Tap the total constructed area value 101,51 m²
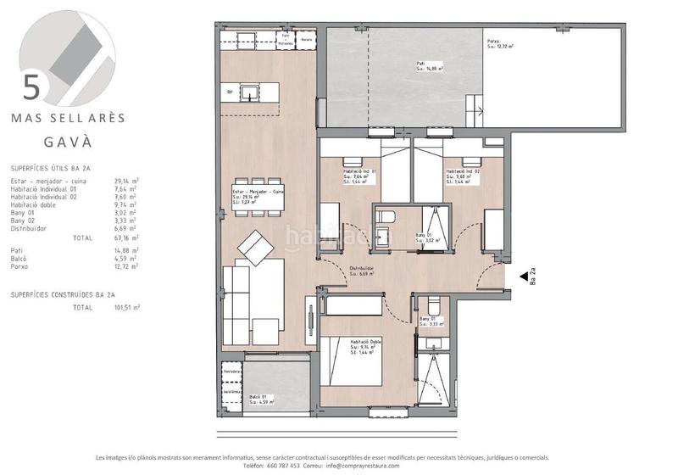127,308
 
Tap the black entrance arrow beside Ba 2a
524,268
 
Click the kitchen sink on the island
252,92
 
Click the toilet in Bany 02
432,305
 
